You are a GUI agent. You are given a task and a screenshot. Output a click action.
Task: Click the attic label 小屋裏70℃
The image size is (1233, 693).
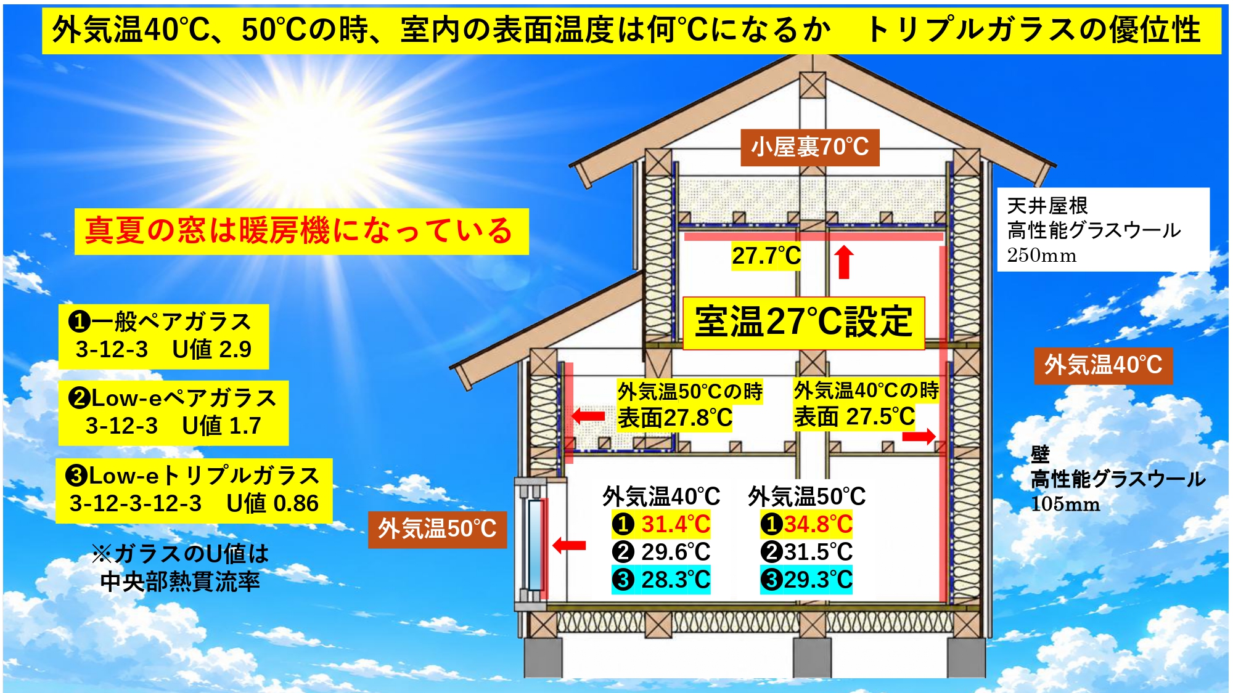[809, 147]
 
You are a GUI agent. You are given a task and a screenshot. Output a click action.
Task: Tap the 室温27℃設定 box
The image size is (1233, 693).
[804, 323]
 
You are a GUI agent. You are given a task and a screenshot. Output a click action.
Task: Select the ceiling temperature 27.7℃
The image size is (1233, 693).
[766, 256]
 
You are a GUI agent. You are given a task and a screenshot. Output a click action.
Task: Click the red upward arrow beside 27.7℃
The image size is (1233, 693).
[844, 262]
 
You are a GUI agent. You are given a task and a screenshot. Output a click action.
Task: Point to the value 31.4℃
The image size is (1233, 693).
[676, 524]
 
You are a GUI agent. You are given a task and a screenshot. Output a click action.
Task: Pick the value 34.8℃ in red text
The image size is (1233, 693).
[818, 524]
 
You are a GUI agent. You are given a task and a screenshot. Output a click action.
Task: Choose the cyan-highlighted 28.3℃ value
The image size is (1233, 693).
[676, 580]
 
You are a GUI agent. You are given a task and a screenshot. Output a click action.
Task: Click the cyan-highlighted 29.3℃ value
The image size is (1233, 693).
[818, 580]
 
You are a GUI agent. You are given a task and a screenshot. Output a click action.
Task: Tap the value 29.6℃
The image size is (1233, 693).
[676, 552]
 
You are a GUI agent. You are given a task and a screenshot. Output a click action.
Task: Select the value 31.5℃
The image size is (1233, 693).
[818, 552]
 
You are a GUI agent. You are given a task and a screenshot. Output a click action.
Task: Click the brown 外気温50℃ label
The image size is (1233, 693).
[437, 529]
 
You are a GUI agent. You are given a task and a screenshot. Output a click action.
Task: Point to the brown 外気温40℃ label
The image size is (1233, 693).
[1103, 365]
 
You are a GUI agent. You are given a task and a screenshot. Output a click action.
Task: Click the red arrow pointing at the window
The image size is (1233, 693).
[569, 545]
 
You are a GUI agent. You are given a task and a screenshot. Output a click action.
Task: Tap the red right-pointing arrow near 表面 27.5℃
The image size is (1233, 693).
[919, 437]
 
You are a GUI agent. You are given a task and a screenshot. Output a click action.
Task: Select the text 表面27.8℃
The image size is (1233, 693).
[675, 418]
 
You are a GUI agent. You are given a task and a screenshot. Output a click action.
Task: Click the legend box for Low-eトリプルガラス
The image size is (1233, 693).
[194, 490]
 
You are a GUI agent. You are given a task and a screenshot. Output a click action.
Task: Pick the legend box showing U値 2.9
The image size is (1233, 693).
[163, 336]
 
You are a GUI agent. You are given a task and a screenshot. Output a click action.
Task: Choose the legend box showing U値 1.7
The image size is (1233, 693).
[173, 413]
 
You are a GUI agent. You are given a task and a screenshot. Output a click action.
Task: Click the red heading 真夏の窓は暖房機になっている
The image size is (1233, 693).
[301, 232]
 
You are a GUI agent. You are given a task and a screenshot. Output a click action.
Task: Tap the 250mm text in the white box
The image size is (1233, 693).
[1042, 255]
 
